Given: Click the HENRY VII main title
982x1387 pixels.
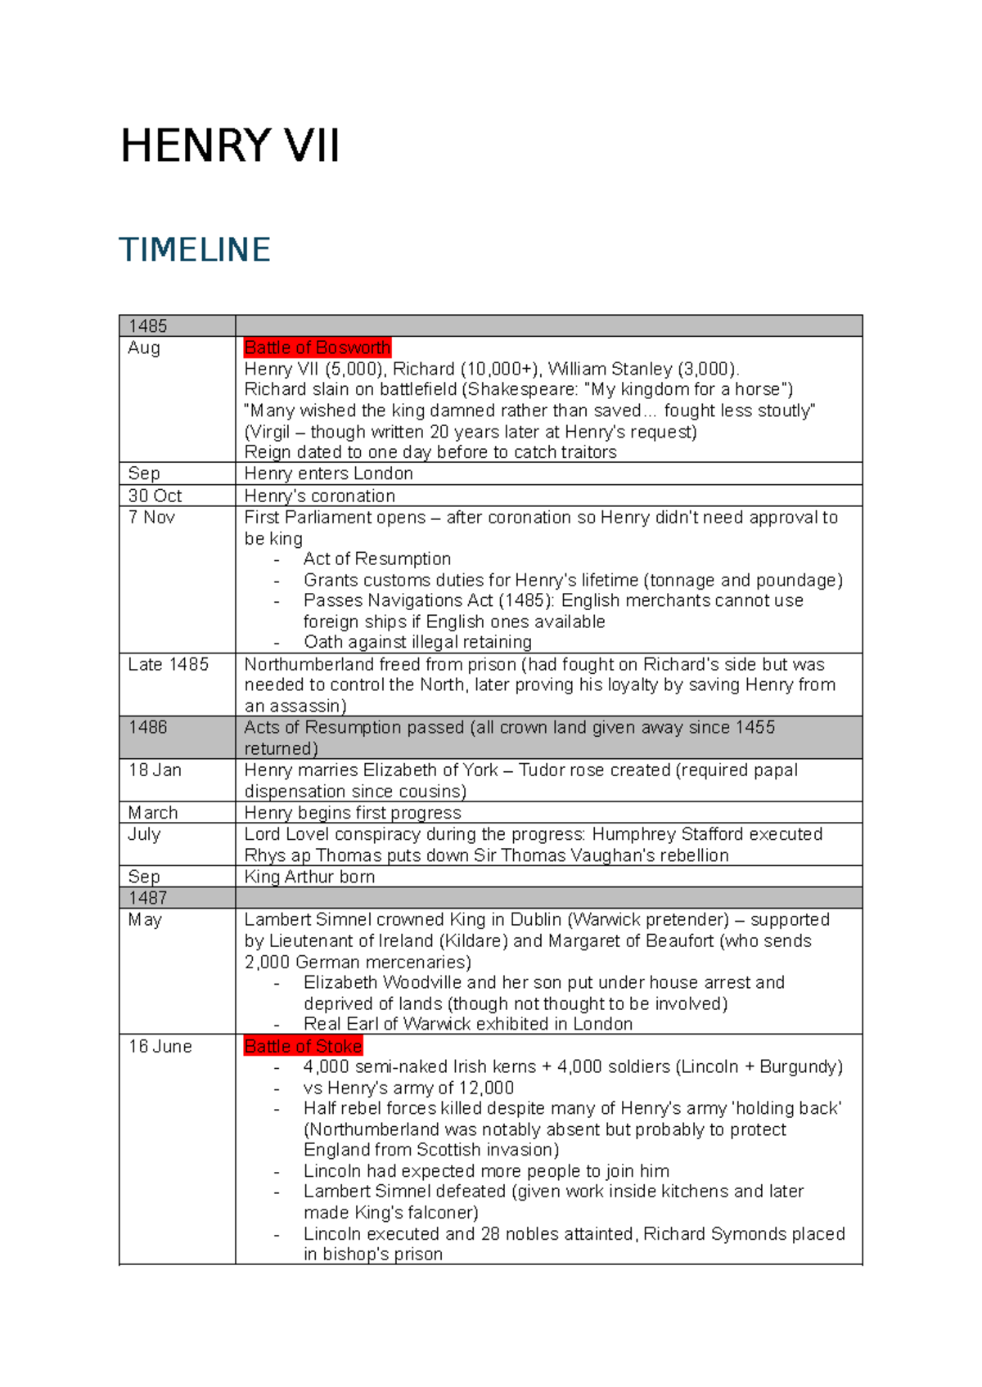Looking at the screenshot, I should point(230,147).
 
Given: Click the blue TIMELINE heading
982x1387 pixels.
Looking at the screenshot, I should point(195,250).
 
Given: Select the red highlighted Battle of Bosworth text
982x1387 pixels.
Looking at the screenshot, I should point(317,348).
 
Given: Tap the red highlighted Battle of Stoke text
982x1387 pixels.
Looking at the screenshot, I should point(303,1046).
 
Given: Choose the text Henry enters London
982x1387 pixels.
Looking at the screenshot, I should point(328,474).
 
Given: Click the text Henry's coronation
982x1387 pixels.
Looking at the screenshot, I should point(319,496).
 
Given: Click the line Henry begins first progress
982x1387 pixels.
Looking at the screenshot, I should point(353,813).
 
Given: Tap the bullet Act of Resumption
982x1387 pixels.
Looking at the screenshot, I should point(377,559).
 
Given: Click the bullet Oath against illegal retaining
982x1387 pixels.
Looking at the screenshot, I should point(417,642).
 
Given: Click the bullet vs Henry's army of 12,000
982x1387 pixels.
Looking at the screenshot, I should point(408,1088).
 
